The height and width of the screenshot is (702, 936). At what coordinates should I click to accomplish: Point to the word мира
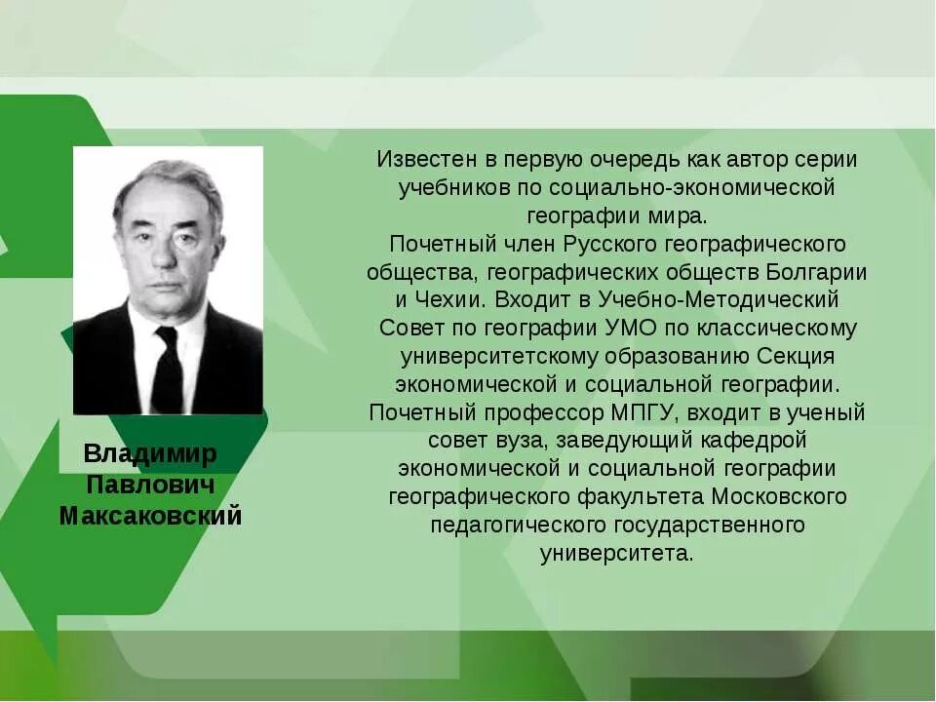688,214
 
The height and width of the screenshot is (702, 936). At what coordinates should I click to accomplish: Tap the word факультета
639,497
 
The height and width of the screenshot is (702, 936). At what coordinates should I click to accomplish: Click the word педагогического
518,526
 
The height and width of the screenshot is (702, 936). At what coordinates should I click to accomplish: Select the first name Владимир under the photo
150,453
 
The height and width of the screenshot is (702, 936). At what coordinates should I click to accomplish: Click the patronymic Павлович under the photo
150,485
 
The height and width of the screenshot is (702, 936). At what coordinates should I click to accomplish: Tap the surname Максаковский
150,516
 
